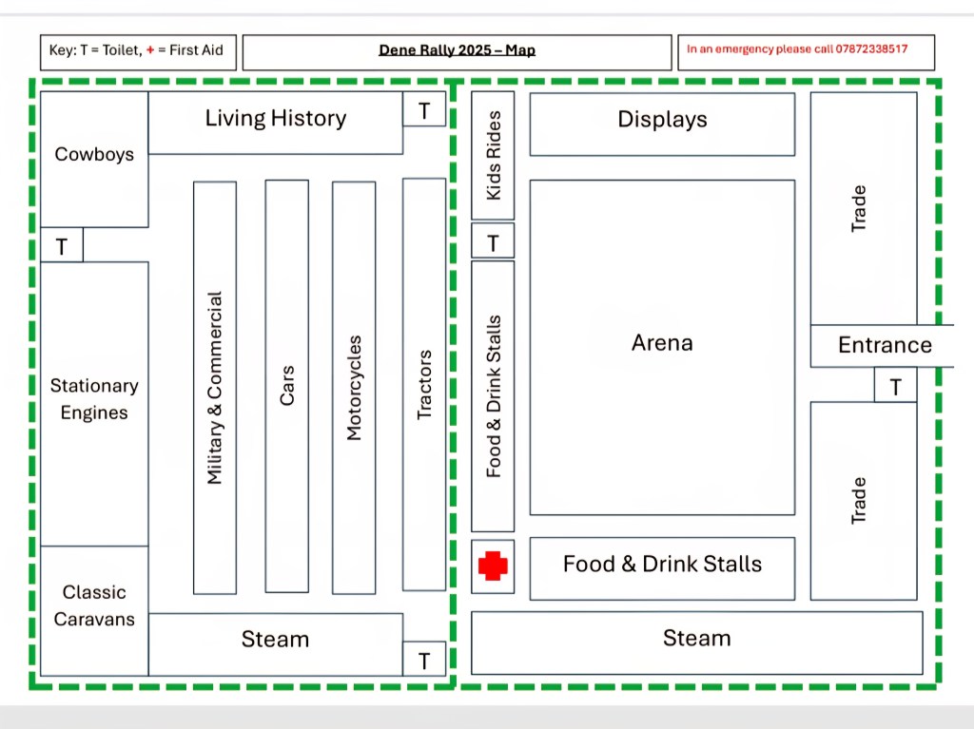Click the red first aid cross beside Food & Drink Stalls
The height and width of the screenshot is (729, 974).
493,566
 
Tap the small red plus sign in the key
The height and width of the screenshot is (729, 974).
149,50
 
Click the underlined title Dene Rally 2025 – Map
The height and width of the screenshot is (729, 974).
458,50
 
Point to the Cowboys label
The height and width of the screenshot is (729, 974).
94,154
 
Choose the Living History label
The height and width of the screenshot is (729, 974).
276,118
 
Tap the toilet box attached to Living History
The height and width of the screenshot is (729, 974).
424,109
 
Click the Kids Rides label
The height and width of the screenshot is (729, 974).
494,155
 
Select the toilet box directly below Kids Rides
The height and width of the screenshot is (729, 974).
493,240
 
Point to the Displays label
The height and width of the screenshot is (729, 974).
662,119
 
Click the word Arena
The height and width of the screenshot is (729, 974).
662,343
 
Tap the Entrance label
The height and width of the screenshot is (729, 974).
886,345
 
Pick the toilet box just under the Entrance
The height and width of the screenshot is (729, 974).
895,385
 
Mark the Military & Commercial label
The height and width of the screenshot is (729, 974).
214,388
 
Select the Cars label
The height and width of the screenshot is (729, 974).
287,386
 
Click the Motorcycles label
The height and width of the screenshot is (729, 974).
354,388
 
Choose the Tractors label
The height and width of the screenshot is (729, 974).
424,385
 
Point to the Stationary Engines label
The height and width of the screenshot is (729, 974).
94,399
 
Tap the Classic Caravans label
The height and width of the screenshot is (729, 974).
94,605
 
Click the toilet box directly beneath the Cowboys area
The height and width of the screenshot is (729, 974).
62,245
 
